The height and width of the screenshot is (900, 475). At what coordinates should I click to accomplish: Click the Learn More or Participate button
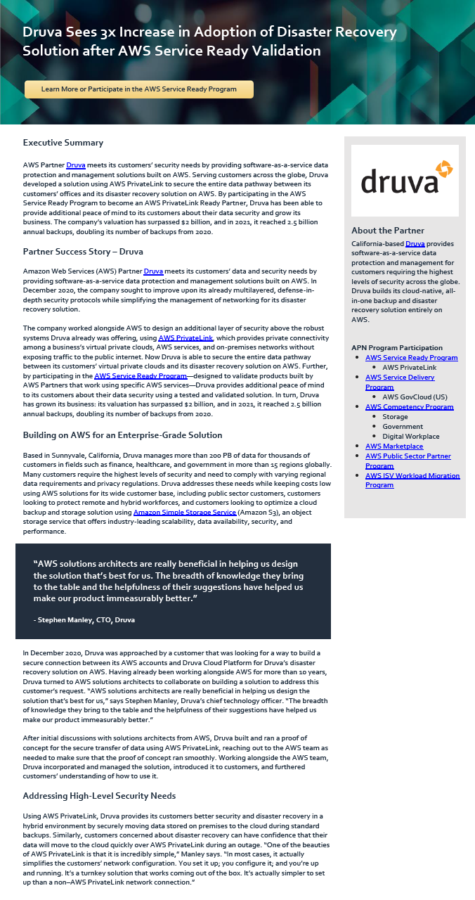click(x=139, y=89)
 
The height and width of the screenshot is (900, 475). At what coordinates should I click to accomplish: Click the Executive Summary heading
click(x=63, y=143)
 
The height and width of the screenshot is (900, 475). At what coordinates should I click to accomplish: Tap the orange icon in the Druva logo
click(x=443, y=169)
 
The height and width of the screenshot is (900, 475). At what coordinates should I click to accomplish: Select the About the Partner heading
click(x=388, y=230)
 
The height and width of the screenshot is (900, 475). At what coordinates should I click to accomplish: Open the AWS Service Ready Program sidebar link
click(x=411, y=358)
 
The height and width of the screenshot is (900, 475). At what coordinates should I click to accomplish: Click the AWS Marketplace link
click(x=393, y=446)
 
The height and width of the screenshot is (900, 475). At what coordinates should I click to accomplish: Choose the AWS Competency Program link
click(x=409, y=407)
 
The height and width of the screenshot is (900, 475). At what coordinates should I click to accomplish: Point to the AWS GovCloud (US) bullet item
click(x=415, y=397)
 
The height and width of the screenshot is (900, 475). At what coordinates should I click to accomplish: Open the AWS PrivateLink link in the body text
click(x=186, y=337)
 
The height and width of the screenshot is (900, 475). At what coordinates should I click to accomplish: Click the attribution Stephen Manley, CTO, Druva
click(x=84, y=620)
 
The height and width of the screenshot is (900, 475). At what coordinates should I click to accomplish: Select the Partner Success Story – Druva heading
click(x=83, y=251)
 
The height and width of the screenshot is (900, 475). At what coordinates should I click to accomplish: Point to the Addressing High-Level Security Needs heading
click(x=99, y=795)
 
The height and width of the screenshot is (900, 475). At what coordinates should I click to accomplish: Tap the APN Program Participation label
click(x=397, y=347)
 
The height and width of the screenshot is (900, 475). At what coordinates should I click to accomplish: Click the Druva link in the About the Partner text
click(x=415, y=243)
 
